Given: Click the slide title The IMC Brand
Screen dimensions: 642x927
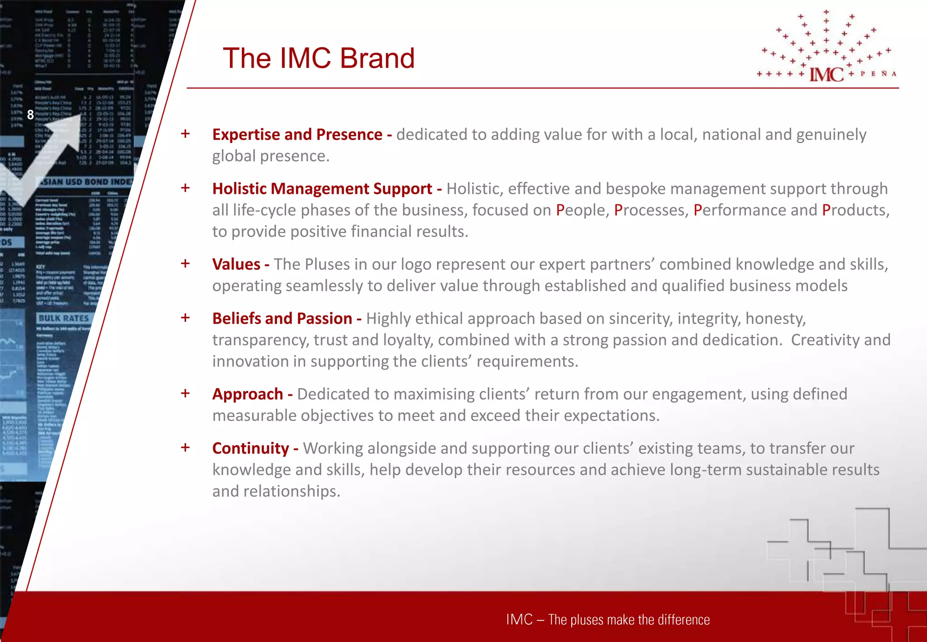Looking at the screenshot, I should pos(319,58).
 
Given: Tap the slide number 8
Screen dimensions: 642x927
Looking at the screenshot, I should pos(30,115).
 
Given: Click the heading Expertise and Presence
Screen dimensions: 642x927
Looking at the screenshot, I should pos(297,134).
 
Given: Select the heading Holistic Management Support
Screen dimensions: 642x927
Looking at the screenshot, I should pos(322,188).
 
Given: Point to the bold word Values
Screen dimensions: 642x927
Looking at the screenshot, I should pos(236,264).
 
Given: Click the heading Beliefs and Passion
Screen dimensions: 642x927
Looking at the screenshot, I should pos(282,318).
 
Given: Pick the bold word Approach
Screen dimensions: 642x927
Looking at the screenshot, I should pos(248,394).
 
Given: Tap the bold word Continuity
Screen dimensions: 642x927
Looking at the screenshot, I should pos(250,448).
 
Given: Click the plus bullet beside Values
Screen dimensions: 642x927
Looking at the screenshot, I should pos(185,264).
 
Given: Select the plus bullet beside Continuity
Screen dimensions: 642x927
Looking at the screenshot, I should pos(185,448).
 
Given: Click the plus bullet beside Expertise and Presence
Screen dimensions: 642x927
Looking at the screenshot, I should pos(185,134).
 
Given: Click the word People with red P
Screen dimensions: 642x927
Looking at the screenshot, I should pos(580,210).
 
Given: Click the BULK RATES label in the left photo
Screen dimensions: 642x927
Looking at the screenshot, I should pos(64,318).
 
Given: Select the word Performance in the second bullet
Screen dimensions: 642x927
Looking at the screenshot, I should pos(740,210).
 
